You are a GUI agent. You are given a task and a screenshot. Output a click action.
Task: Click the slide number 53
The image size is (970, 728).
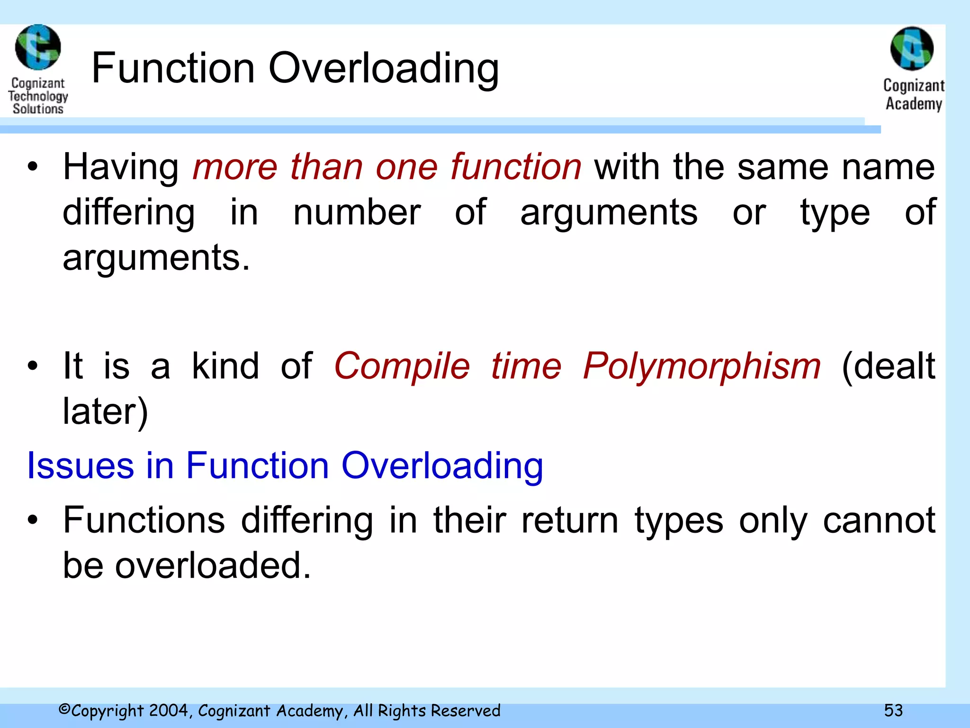coord(893,710)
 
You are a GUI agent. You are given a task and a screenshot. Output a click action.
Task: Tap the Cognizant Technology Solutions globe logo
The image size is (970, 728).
coord(38,47)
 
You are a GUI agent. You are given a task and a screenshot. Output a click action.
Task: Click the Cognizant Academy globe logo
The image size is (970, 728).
coord(912,49)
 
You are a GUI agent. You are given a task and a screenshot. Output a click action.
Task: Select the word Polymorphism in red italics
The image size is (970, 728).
coord(701,367)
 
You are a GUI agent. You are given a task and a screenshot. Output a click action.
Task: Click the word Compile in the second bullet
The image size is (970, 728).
coord(402,367)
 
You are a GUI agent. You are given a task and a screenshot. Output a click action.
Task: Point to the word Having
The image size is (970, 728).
coord(121,167)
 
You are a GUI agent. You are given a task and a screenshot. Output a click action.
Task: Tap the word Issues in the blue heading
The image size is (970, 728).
coord(81,465)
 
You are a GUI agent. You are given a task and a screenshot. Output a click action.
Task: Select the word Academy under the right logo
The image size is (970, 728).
coord(914,104)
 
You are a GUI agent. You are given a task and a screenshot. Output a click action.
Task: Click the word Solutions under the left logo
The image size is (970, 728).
coord(38,109)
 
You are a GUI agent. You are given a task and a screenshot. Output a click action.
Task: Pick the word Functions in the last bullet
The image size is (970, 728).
coord(144,520)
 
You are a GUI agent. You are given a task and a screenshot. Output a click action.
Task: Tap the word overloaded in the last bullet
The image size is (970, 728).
coord(213,565)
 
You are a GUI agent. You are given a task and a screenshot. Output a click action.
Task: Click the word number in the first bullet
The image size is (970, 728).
coord(357,212)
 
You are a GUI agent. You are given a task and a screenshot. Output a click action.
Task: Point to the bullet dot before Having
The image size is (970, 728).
coord(32,167)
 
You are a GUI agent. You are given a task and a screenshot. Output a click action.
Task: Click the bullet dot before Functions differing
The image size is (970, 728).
coord(32,520)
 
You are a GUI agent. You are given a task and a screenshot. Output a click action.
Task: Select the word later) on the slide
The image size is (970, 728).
coord(106,411)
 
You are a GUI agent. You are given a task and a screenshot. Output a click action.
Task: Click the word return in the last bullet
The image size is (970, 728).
coord(570,520)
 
